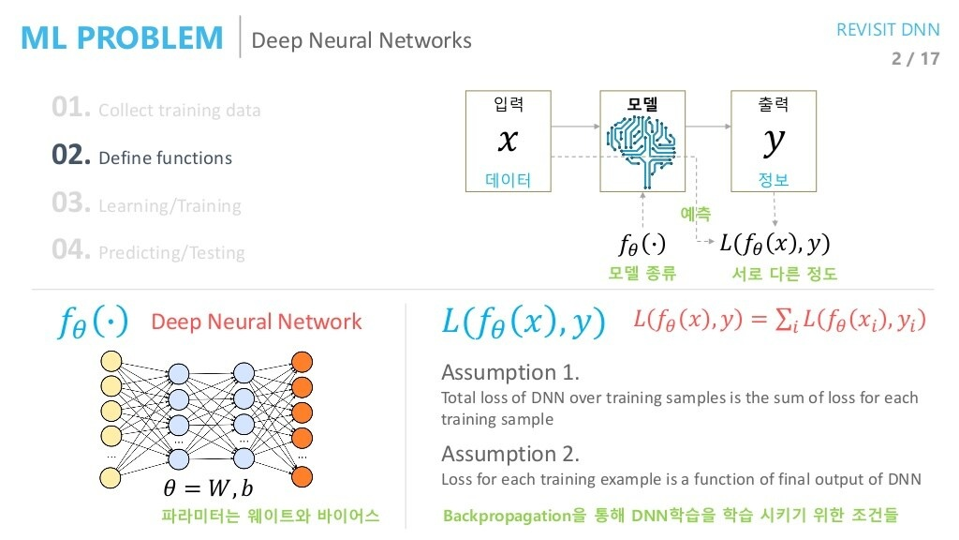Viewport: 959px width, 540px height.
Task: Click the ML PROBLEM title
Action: [122, 37]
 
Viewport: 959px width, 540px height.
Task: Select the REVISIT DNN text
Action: [887, 30]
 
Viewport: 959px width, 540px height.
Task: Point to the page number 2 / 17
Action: [915, 59]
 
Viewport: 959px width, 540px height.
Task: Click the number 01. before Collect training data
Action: [71, 109]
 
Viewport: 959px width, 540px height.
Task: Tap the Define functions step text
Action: [165, 158]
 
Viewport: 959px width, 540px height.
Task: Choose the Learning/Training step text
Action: [170, 206]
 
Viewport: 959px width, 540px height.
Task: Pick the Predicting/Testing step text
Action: [171, 253]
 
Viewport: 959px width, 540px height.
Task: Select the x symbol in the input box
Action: [507, 141]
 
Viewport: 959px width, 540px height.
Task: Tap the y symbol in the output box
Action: [773, 141]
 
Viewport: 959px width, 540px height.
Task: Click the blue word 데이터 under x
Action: [508, 180]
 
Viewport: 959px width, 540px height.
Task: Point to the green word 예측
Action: [695, 215]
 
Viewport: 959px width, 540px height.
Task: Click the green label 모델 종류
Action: [642, 274]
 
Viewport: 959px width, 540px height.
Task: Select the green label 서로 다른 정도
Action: [784, 274]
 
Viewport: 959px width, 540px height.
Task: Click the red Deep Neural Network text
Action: [256, 322]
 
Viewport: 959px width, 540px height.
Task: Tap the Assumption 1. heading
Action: [510, 372]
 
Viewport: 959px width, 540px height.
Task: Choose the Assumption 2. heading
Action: [510, 454]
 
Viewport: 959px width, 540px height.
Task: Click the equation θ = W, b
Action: [208, 488]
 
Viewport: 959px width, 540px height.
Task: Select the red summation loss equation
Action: [779, 321]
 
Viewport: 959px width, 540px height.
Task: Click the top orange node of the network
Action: [302, 362]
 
